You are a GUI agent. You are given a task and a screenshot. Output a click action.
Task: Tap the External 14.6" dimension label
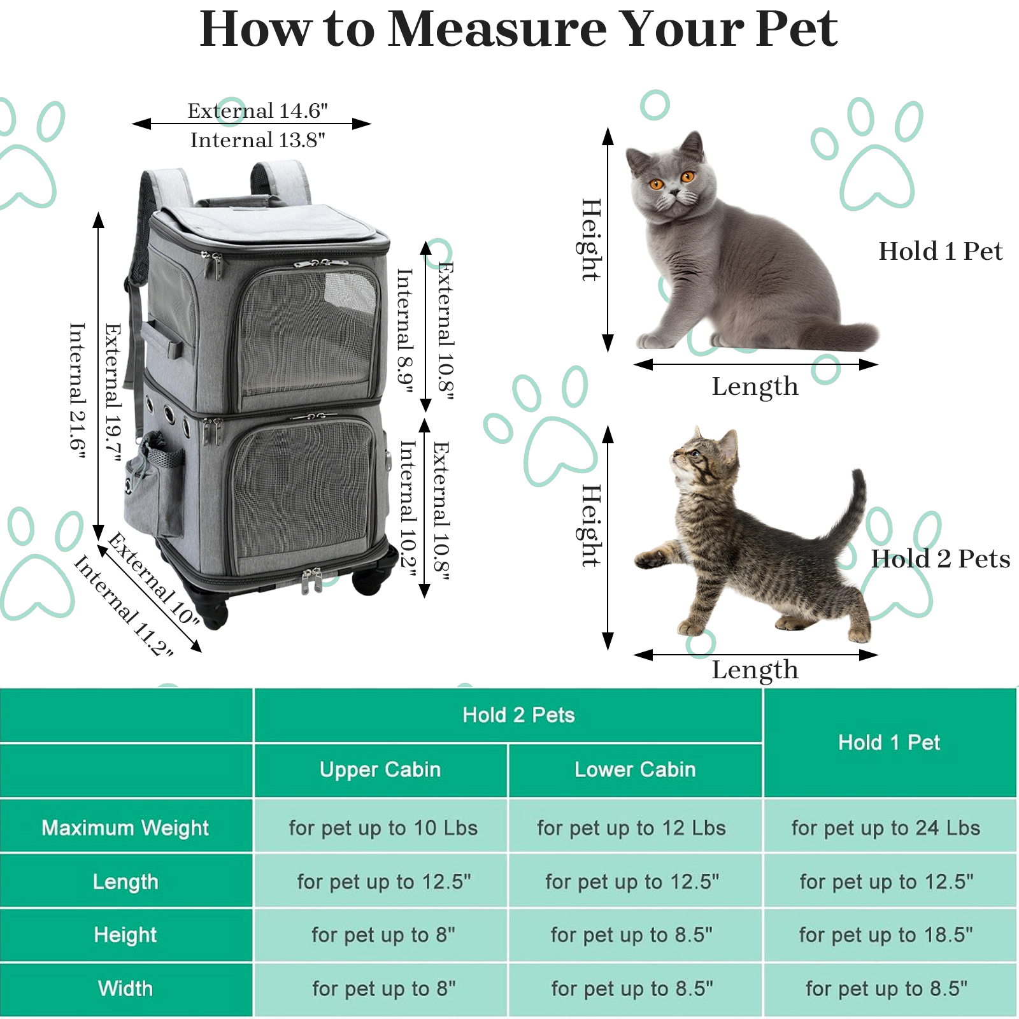(x=257, y=111)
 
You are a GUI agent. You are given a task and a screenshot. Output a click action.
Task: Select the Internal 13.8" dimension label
(x=257, y=139)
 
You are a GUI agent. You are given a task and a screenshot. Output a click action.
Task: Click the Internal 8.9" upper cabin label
(x=405, y=331)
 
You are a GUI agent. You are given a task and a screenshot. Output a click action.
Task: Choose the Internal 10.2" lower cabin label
(x=408, y=510)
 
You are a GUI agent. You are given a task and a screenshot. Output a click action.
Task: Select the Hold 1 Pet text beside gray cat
(x=940, y=251)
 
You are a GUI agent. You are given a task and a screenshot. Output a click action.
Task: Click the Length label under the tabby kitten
(x=755, y=669)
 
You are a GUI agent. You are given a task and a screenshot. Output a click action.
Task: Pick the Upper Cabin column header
(x=380, y=769)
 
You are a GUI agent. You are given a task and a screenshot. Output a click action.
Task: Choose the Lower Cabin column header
(x=635, y=769)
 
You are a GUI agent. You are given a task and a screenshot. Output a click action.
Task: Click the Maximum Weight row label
(x=125, y=828)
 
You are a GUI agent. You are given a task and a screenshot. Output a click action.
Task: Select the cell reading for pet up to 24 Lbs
(x=886, y=828)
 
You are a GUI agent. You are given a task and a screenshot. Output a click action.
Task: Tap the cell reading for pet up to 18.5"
(x=886, y=935)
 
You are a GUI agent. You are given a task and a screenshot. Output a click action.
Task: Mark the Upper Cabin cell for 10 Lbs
(x=383, y=828)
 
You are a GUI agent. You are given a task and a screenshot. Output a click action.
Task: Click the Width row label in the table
(x=125, y=988)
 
